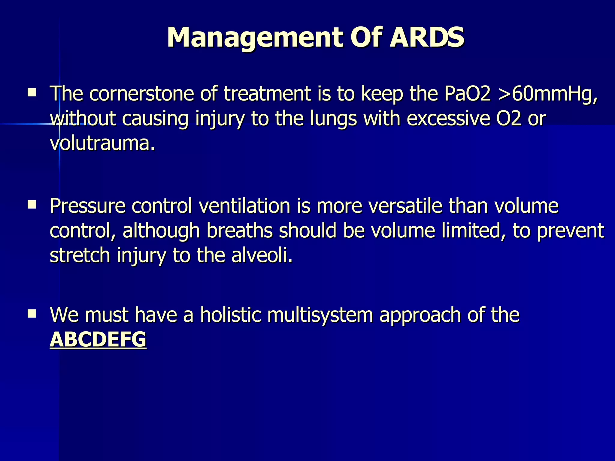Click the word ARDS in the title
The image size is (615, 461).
click(x=426, y=37)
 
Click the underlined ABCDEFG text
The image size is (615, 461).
click(x=98, y=339)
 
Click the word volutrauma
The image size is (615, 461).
click(x=102, y=143)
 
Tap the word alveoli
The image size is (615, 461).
click(x=262, y=255)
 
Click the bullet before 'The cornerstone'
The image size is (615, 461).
click(x=32, y=92)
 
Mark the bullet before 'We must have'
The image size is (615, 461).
click(x=32, y=314)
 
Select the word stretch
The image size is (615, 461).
click(x=80, y=255)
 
